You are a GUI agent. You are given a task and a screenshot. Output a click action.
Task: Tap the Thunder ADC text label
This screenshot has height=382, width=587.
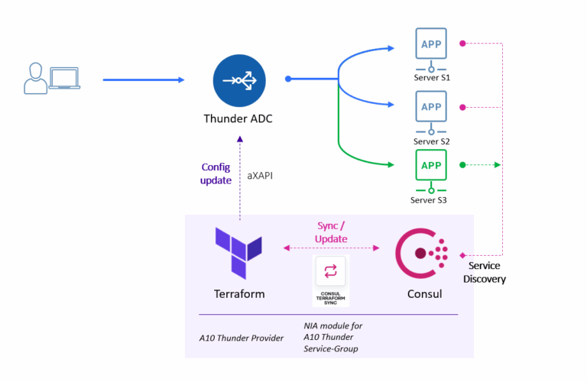pos(238,118)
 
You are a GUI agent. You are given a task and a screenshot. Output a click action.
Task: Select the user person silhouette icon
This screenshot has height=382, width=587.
pos(34,79)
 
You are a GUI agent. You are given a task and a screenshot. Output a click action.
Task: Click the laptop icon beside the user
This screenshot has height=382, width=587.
pos(65,79)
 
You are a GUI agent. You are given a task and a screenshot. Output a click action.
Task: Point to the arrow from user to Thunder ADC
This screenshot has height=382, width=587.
pos(143,79)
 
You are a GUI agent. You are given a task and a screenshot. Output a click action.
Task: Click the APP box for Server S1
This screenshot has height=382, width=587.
pos(431,44)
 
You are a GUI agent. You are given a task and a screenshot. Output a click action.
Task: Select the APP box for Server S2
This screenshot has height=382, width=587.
pos(431,107)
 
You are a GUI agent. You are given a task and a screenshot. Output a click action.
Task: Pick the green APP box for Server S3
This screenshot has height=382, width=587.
pos(431,165)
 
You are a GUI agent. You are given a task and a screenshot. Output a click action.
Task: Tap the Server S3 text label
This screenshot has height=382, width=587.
pos(431,200)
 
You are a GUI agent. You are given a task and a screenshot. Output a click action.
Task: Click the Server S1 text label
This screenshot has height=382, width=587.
pos(431,78)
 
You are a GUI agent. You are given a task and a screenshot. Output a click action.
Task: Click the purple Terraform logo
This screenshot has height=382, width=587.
pos(239,252)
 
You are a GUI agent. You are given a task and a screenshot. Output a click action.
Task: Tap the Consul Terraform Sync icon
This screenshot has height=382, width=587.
pos(330,272)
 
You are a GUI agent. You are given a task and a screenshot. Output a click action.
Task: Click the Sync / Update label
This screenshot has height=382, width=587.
pos(332,232)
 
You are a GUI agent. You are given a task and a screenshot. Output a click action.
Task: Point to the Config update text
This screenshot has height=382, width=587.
pos(216,173)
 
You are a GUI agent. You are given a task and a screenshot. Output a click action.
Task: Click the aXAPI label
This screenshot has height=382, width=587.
pos(260,175)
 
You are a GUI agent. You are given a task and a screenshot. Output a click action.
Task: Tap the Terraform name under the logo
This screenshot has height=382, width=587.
pos(239,294)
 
